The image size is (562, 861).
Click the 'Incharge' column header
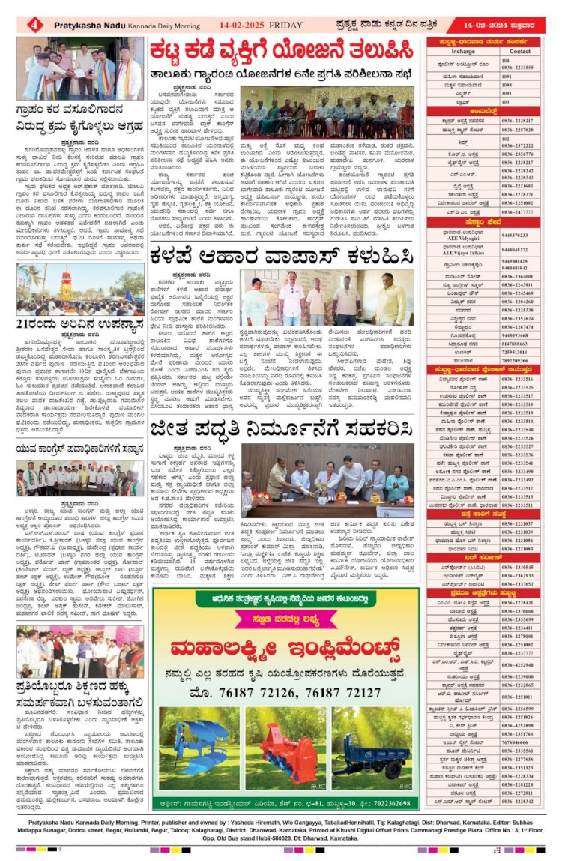tap(463, 52)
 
